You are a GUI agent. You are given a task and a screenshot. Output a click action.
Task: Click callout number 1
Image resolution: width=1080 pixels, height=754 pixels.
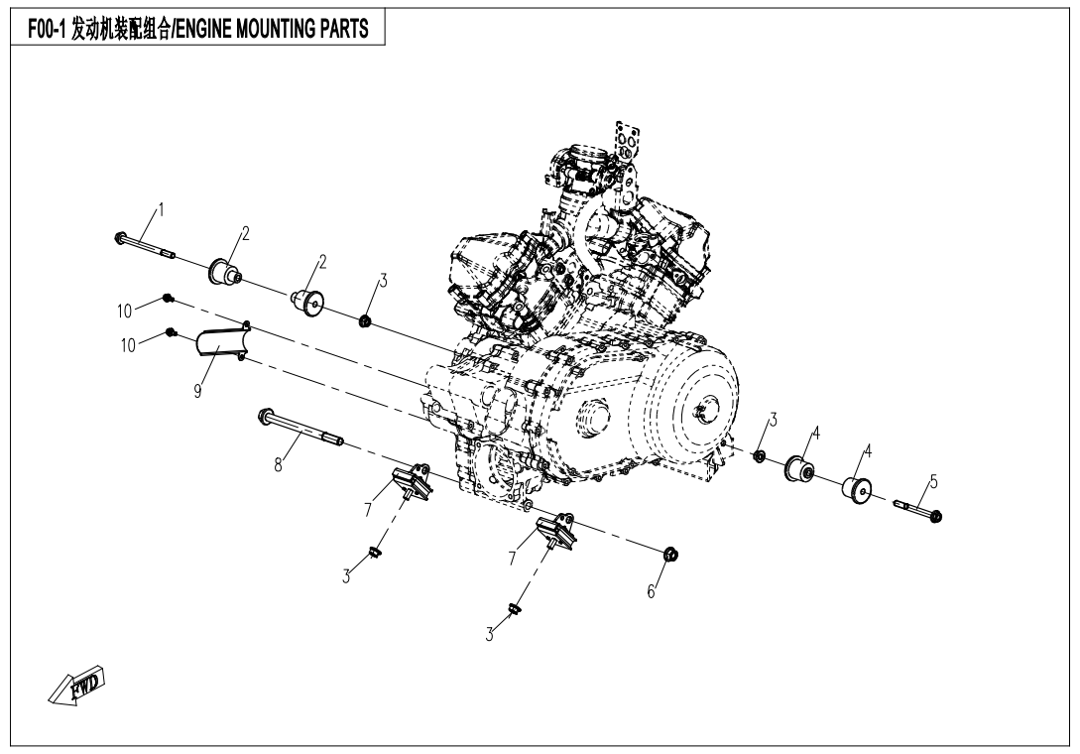coord(161,210)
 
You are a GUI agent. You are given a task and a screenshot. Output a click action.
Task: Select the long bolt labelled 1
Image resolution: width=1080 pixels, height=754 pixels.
coord(147,246)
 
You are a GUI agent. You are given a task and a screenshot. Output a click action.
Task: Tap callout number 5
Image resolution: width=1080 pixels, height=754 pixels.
coord(932,483)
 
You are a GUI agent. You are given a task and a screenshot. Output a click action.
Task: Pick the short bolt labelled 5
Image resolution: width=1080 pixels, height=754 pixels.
coord(918,511)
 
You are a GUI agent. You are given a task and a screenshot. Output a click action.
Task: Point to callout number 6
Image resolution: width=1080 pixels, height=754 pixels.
coord(652,591)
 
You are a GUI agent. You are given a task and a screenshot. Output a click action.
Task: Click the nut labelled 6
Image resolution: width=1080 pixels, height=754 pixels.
coord(669,553)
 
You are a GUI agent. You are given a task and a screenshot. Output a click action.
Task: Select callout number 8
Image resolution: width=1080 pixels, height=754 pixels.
coord(279,463)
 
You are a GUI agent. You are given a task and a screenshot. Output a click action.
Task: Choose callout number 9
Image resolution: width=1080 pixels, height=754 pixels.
coord(198,390)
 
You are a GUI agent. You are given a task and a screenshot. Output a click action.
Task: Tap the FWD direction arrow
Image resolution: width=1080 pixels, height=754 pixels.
coord(77,686)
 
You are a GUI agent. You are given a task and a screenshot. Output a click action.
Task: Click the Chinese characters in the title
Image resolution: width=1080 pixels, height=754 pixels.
coord(116,29)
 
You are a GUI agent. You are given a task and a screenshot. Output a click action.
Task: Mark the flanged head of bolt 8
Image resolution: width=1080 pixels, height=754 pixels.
coord(266,415)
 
